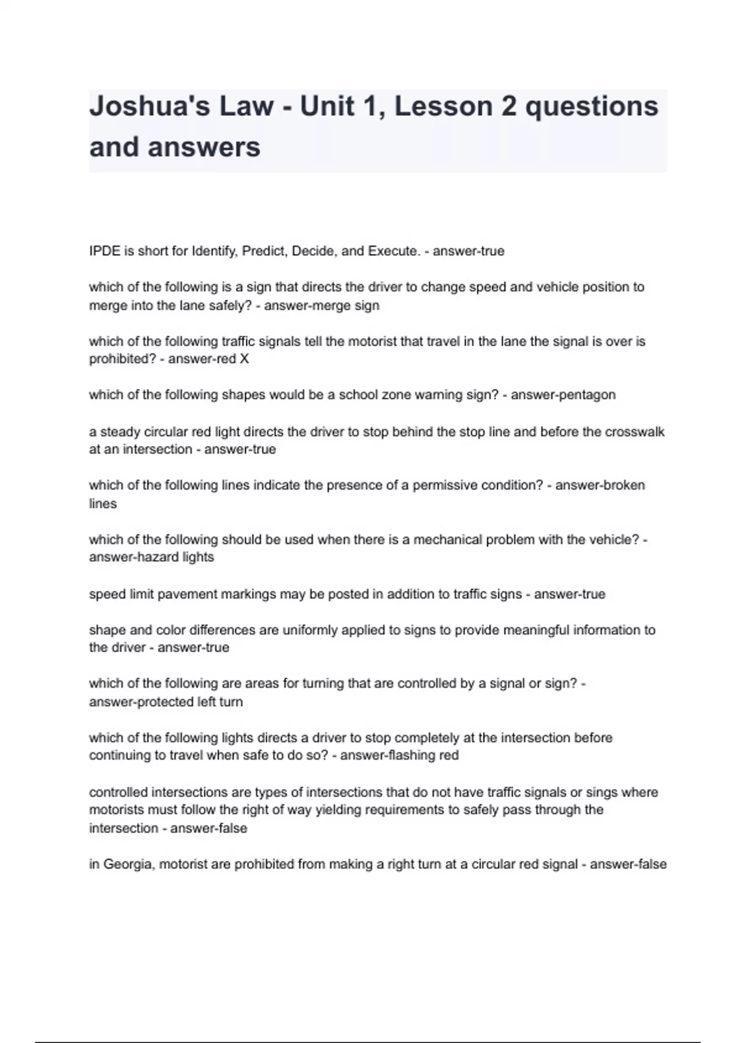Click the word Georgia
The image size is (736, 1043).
(x=127, y=864)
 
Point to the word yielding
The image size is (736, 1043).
(x=339, y=810)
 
